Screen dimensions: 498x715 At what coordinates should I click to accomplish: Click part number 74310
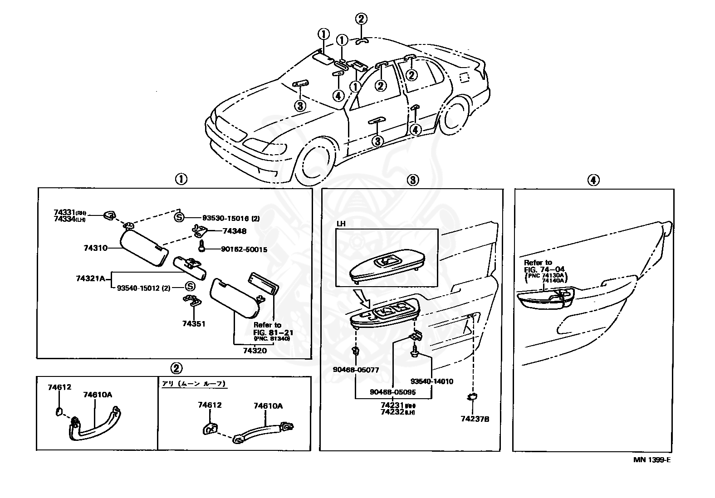95,248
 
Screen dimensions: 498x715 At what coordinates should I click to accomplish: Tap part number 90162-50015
244,249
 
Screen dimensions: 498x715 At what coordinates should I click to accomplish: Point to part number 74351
194,324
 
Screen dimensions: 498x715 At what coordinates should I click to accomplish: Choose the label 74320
255,350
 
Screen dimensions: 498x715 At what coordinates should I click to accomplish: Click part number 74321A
90,278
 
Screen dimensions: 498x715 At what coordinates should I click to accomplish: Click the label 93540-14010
432,381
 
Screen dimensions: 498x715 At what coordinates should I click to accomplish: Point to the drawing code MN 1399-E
652,460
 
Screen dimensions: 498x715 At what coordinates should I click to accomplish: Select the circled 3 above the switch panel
412,180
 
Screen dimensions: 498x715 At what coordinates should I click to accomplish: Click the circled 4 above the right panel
593,180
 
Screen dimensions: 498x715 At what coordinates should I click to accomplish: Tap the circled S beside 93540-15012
190,287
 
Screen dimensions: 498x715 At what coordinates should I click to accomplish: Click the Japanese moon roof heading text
194,384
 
